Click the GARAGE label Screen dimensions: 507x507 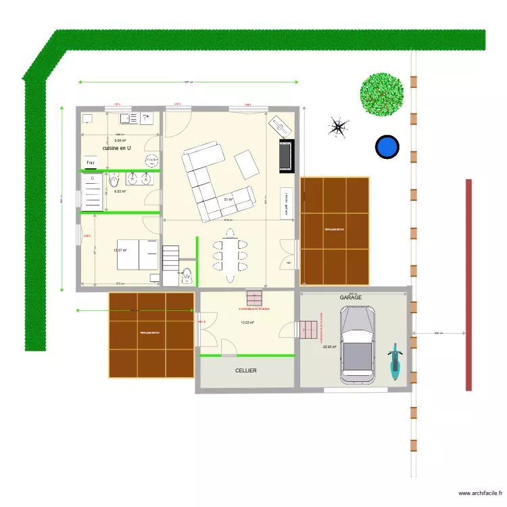pyautogui.click(x=351, y=297)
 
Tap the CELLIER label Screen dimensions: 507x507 pyautogui.click(x=245, y=370)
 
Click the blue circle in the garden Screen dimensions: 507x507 pyautogui.click(x=387, y=147)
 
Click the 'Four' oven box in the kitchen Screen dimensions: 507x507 pyautogui.click(x=90, y=162)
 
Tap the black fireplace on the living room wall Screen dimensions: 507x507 pyautogui.click(x=287, y=155)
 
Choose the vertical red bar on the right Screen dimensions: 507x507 pyautogui.click(x=468, y=285)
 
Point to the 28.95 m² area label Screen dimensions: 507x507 pyautogui.click(x=329, y=347)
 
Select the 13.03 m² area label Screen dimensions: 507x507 pyautogui.click(x=247, y=322)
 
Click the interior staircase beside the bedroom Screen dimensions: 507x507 pyautogui.click(x=171, y=257)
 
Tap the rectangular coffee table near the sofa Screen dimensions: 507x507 pyautogui.click(x=246, y=164)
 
